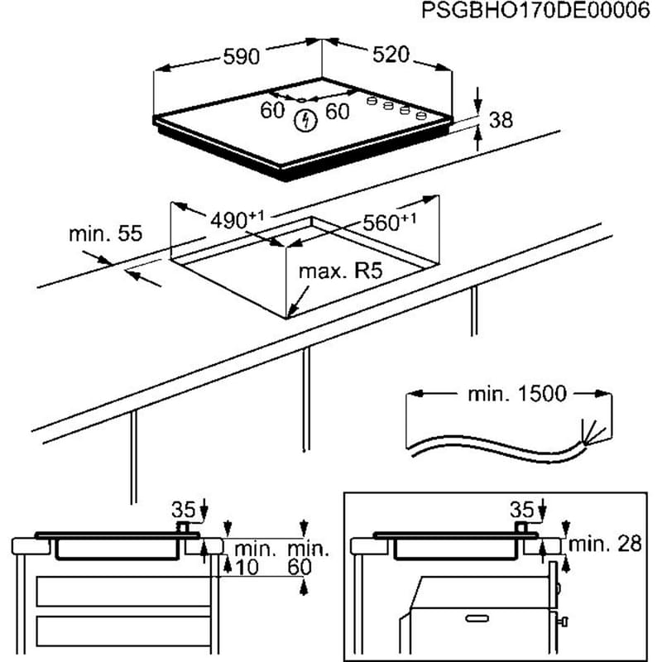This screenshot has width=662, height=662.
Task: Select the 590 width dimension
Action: pyautogui.click(x=242, y=56)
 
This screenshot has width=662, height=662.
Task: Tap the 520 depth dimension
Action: pyautogui.click(x=391, y=55)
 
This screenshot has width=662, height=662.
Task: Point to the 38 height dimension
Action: pyautogui.click(x=501, y=120)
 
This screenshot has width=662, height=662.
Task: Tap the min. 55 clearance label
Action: pyautogui.click(x=105, y=234)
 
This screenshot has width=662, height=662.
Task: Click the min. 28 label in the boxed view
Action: pyautogui.click(x=606, y=544)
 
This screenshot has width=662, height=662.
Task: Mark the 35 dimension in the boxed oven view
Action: pyautogui.click(x=521, y=507)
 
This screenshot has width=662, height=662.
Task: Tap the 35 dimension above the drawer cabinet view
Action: pyautogui.click(x=182, y=507)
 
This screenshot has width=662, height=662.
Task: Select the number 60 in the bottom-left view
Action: pyautogui.click(x=298, y=567)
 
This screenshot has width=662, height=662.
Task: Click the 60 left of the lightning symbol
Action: pyautogui.click(x=272, y=110)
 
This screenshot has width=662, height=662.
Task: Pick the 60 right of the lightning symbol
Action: pyautogui.click(x=338, y=112)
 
